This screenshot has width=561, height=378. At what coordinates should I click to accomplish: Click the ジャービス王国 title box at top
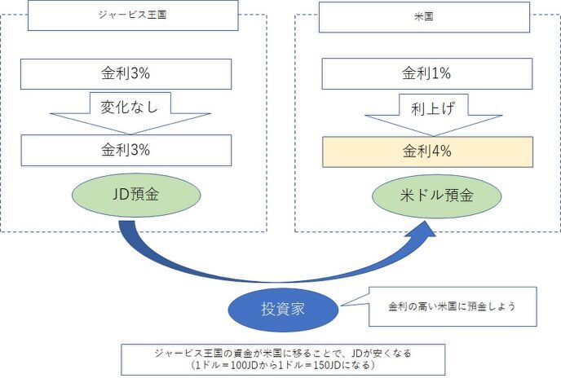click(133, 15)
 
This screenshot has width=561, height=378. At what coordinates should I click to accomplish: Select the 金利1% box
click(427, 75)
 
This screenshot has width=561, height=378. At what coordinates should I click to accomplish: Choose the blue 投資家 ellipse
click(282, 310)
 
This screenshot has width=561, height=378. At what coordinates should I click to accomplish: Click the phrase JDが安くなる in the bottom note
click(381, 354)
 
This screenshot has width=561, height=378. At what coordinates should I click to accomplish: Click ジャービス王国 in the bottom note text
click(183, 354)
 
